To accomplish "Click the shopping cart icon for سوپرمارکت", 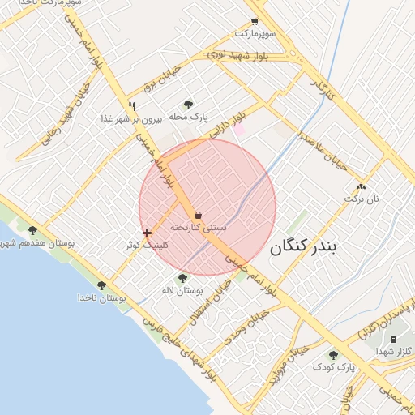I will (255, 22).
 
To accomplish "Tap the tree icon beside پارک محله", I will (188, 105).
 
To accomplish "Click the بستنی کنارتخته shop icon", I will (199, 215).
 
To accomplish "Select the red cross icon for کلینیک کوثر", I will (147, 233).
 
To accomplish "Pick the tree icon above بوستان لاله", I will (182, 278).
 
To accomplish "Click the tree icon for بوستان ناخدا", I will (101, 285).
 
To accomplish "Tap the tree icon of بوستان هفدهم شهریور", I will (32, 231).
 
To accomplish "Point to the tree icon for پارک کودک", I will (333, 355).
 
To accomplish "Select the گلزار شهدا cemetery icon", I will (394, 338).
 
